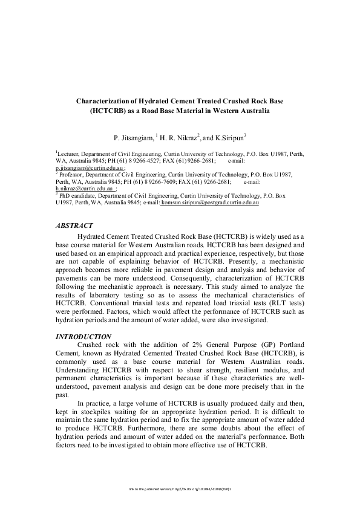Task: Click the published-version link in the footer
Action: click(x=180, y=488)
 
